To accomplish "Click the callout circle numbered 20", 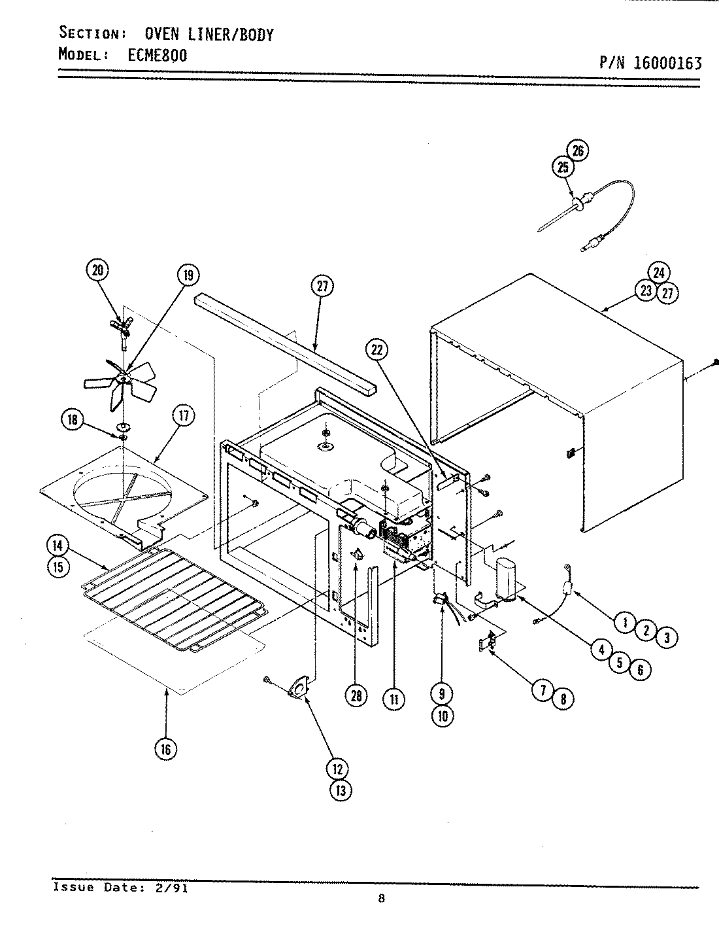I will click(97, 270).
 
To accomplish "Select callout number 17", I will click(184, 415).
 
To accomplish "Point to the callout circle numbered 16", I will click(165, 748).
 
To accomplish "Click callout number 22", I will click(376, 350).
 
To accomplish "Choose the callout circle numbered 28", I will click(356, 697).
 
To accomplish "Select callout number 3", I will click(666, 638).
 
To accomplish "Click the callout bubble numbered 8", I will click(563, 699).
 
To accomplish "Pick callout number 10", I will click(442, 715).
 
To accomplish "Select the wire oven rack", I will click(173, 595).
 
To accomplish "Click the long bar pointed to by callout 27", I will click(281, 340).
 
